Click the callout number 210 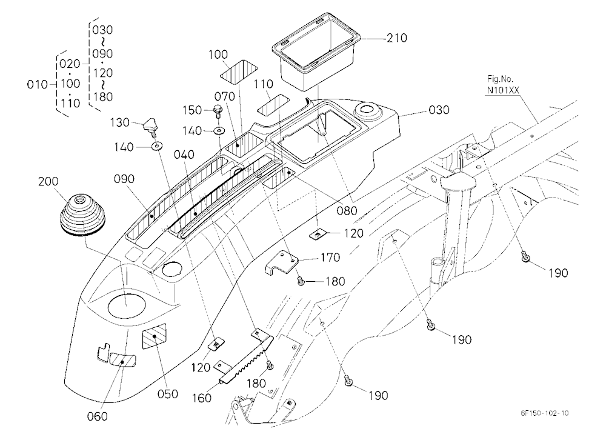pos(396,38)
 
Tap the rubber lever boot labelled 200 pos(82,216)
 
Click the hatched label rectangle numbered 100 pos(238,73)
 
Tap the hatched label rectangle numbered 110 pos(273,104)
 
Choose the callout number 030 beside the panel pos(439,110)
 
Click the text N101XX pos(503,90)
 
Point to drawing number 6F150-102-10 pos(544,413)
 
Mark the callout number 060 pos(98,416)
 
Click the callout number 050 pos(168,394)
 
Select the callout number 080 pos(347,211)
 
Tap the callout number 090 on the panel pos(124,179)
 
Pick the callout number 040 pos(184,155)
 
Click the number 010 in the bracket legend pos(37,84)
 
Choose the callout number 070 pos(225,96)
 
